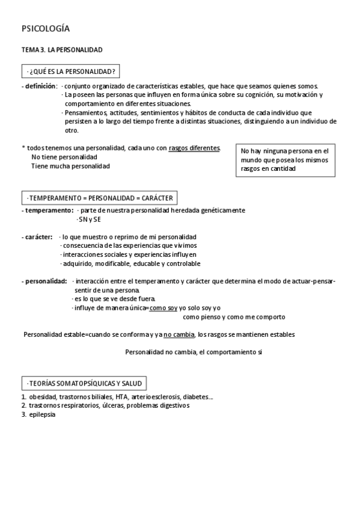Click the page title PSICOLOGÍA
46,28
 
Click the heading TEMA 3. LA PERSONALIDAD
62,50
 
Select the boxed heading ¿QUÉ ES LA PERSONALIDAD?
70,72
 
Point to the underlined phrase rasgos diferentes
194,147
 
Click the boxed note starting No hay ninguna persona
285,160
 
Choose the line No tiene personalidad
64,157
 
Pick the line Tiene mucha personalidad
70,166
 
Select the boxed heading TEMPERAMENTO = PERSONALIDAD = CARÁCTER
99,197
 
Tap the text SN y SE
89,220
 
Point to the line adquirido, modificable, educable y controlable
130,263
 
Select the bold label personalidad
45,281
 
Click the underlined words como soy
163,308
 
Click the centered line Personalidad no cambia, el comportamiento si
194,352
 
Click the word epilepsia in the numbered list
42,414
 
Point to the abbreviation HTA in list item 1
115,397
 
